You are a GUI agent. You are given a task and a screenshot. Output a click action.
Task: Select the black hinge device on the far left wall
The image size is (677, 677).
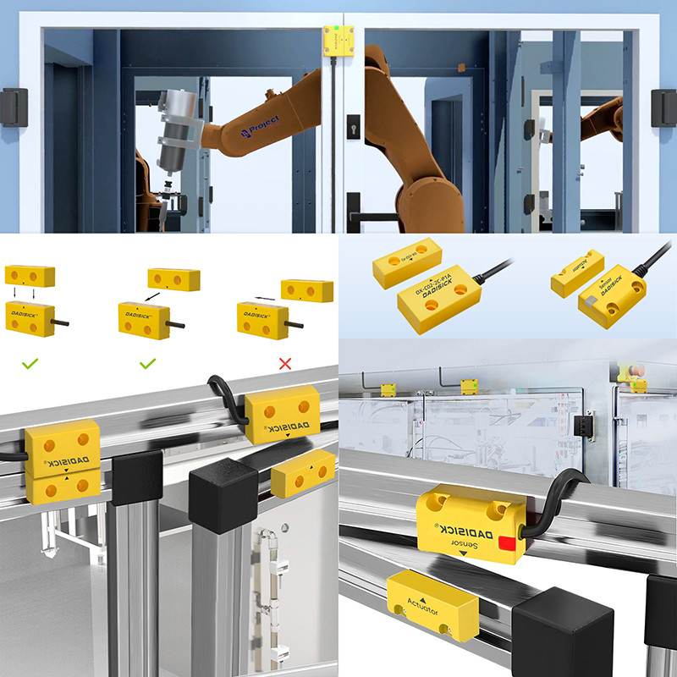[x=14, y=107]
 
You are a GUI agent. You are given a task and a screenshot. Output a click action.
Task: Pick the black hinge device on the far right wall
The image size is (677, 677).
[x=663, y=107]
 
